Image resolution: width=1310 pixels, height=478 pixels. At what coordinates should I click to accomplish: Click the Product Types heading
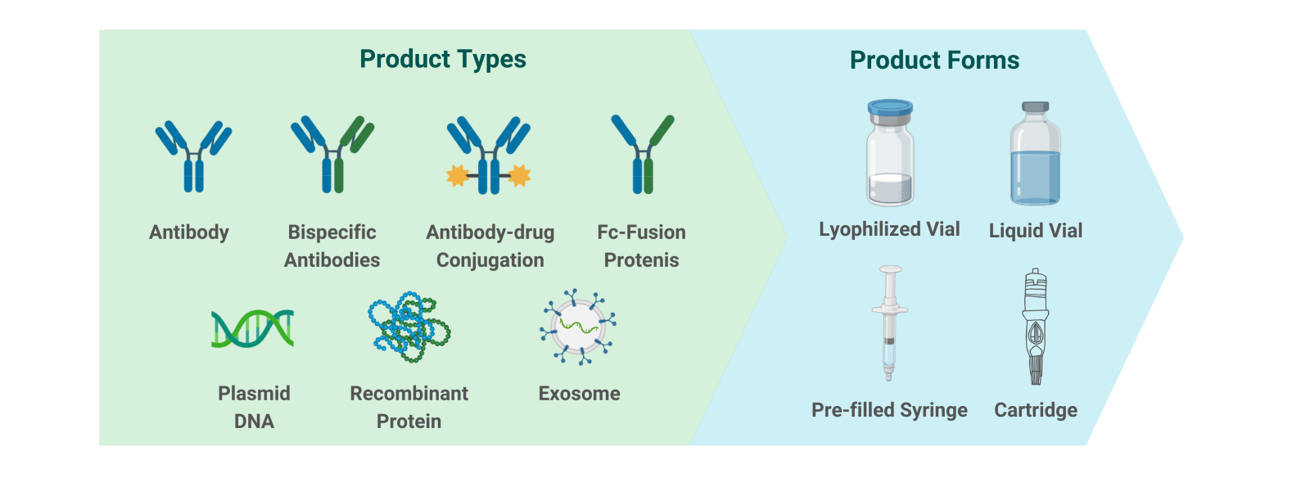[443, 59]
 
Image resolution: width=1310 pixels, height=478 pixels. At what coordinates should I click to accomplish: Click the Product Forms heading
[934, 61]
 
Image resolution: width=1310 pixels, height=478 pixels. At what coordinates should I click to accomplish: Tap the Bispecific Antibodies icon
[332, 155]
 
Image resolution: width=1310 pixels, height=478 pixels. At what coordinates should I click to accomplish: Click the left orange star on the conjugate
[458, 175]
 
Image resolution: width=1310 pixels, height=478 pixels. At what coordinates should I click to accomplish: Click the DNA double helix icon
[253, 328]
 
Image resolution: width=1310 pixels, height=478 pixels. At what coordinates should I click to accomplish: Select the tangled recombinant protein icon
[409, 327]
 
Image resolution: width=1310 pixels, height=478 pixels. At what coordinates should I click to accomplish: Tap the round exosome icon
[578, 327]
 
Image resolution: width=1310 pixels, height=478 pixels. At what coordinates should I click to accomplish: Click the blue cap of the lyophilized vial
[890, 107]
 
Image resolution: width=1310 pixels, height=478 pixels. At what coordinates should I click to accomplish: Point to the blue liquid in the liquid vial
[1035, 177]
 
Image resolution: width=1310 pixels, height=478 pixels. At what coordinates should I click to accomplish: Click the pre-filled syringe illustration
[889, 323]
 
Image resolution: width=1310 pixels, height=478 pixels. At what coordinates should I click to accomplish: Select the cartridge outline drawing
[1036, 327]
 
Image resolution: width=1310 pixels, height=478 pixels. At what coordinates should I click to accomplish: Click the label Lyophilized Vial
[889, 229]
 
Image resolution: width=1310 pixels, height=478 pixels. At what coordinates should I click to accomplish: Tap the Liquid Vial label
[1035, 230]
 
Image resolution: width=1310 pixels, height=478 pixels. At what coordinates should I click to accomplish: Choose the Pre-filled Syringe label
[889, 410]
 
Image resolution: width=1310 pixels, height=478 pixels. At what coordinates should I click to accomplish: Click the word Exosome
[579, 393]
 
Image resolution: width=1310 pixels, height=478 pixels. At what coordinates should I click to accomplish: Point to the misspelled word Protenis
[642, 260]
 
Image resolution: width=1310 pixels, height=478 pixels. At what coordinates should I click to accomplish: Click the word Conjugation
[490, 260]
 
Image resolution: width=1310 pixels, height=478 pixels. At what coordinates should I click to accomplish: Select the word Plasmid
[254, 393]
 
